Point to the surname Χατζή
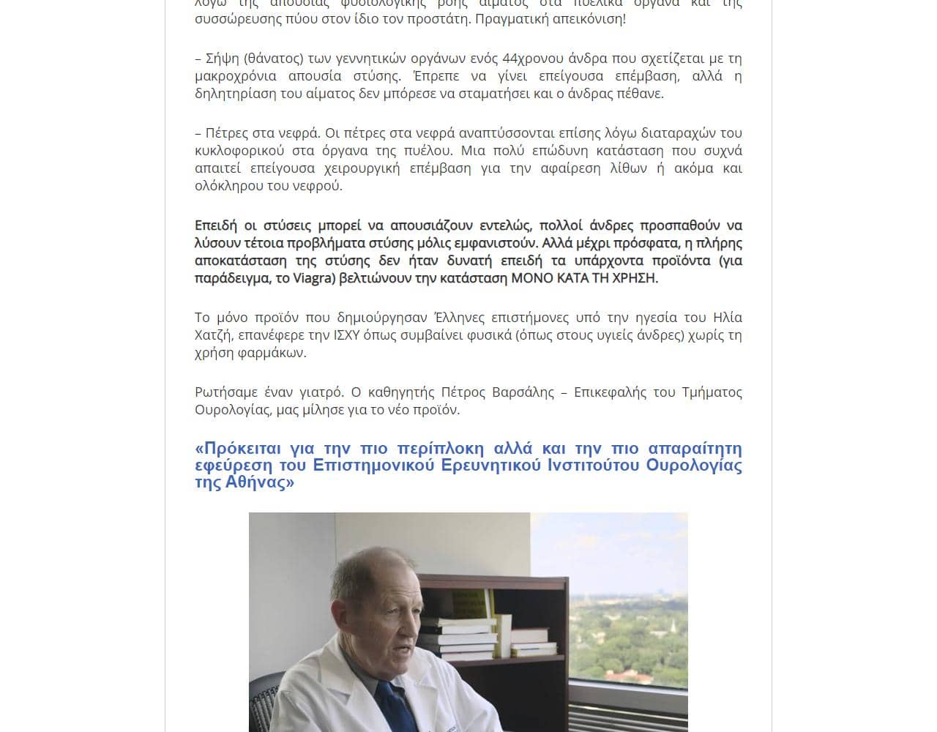tap(212, 335)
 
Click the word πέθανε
tap(639, 94)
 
